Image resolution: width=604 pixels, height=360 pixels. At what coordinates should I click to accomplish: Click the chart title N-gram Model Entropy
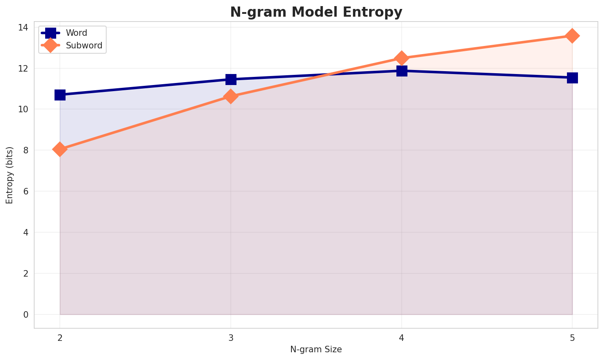[x=316, y=12]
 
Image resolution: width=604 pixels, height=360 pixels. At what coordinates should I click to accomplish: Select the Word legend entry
[x=77, y=33]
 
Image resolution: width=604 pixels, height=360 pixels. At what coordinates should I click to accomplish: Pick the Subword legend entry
[x=84, y=46]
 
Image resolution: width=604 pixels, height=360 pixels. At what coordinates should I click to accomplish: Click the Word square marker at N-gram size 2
[x=60, y=95]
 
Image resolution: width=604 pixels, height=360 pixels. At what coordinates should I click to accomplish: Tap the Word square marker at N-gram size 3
[x=231, y=79]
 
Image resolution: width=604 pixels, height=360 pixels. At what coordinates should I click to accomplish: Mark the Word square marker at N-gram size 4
[x=402, y=71]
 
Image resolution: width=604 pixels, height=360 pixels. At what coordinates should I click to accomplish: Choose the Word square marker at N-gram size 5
[x=572, y=78]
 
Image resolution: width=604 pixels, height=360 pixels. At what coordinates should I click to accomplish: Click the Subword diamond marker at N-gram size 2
[x=60, y=149]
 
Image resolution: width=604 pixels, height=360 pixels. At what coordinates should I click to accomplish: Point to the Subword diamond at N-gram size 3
[x=231, y=96]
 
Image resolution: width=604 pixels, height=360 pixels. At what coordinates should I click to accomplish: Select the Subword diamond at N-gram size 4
[x=402, y=58]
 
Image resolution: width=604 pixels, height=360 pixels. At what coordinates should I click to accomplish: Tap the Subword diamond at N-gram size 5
[x=572, y=36]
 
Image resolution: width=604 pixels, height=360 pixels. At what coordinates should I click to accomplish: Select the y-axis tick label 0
[x=26, y=314]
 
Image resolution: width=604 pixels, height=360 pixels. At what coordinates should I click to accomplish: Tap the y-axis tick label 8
[x=26, y=150]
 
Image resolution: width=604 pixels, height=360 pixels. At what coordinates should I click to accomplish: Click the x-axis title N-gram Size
[x=316, y=349]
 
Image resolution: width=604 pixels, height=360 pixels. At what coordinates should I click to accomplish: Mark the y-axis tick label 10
[x=24, y=109]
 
